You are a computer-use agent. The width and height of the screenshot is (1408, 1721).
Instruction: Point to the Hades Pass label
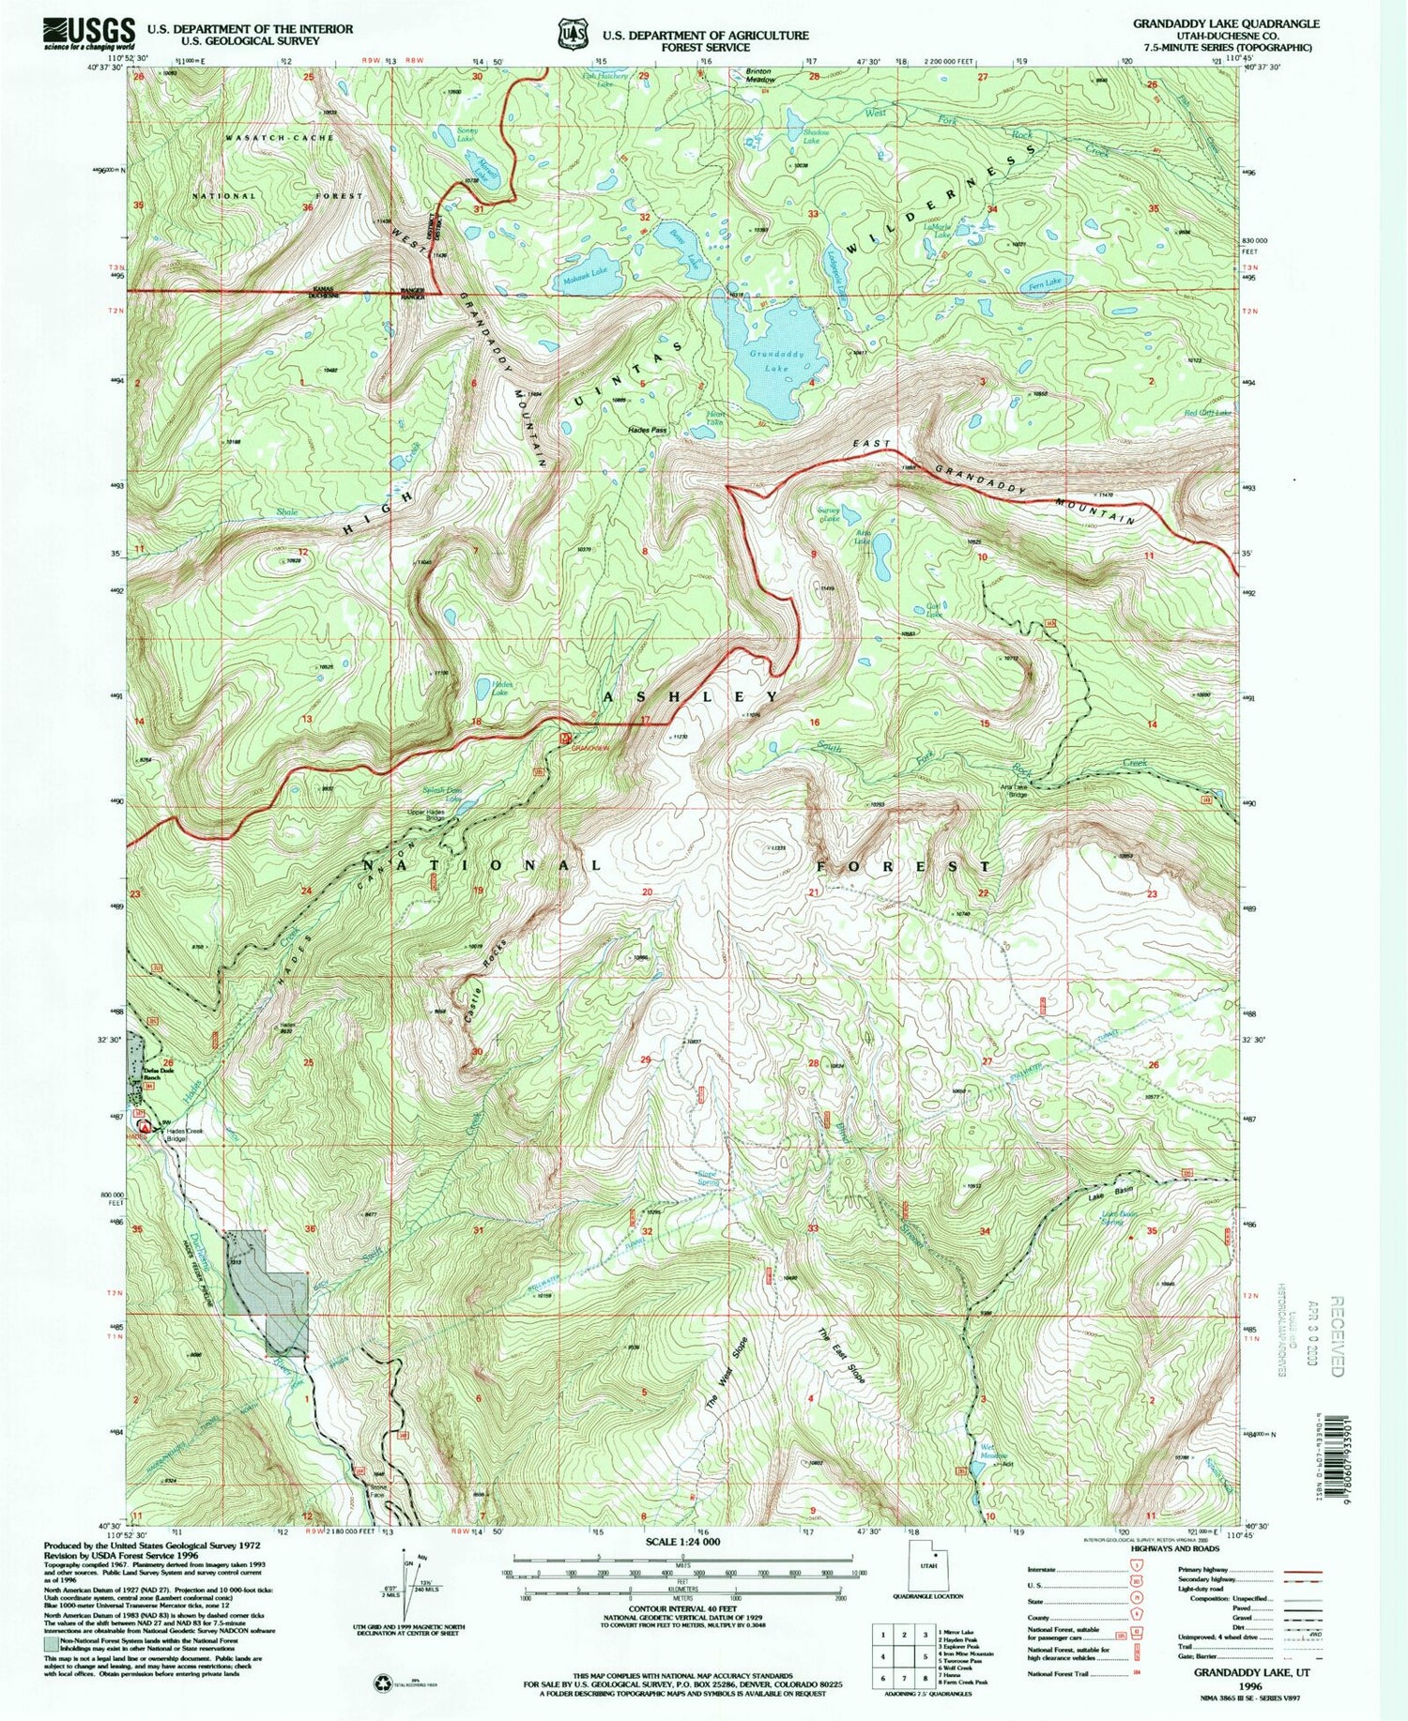click(647, 431)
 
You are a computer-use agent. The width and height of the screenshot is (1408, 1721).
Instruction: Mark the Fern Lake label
click(1045, 282)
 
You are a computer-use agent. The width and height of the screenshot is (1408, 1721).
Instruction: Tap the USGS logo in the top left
click(87, 35)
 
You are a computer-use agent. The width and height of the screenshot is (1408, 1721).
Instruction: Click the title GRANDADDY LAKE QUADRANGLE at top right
click(1225, 23)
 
